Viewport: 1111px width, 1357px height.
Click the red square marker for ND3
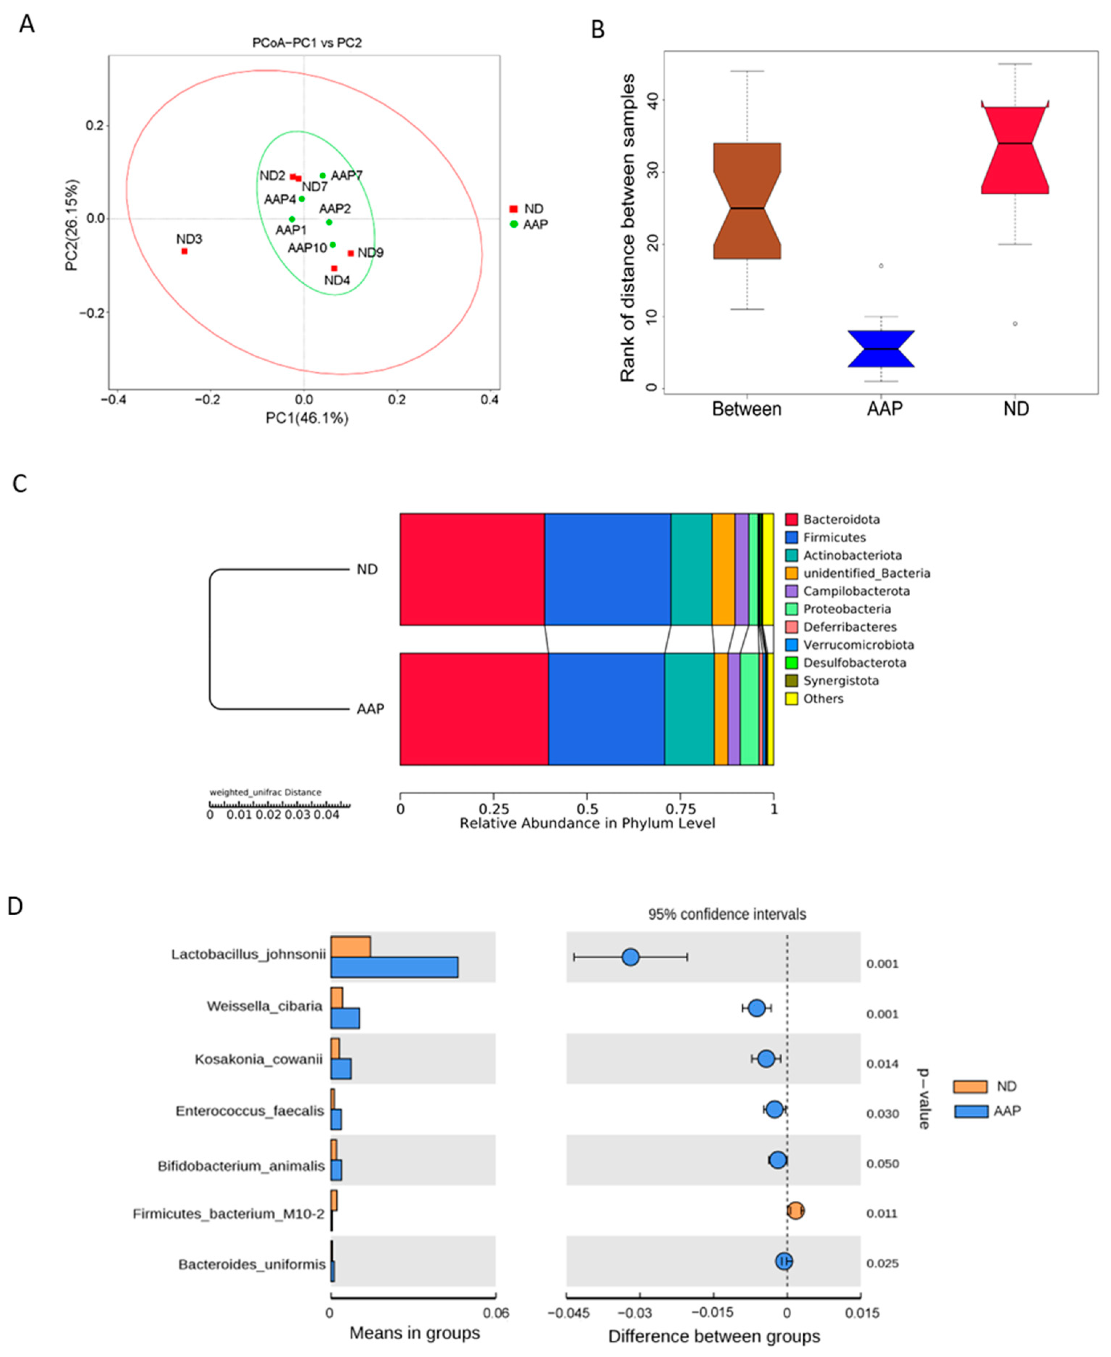[184, 251]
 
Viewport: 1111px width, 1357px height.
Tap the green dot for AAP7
[323, 175]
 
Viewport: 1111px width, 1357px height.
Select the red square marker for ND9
[351, 254]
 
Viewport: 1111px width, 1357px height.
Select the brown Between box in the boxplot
[747, 200]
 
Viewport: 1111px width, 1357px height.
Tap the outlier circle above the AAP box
[881, 266]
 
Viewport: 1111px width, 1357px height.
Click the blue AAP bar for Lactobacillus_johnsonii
[394, 967]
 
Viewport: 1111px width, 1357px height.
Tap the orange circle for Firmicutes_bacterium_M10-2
[795, 1210]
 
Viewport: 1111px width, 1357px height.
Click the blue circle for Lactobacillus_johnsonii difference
[630, 957]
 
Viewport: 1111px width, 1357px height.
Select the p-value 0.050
[882, 1164]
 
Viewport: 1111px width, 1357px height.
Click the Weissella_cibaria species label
[264, 1006]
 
